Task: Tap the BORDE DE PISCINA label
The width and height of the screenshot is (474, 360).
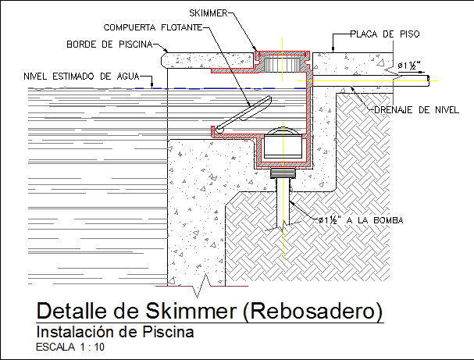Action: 109,44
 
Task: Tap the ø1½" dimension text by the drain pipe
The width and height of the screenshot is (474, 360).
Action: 409,65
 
